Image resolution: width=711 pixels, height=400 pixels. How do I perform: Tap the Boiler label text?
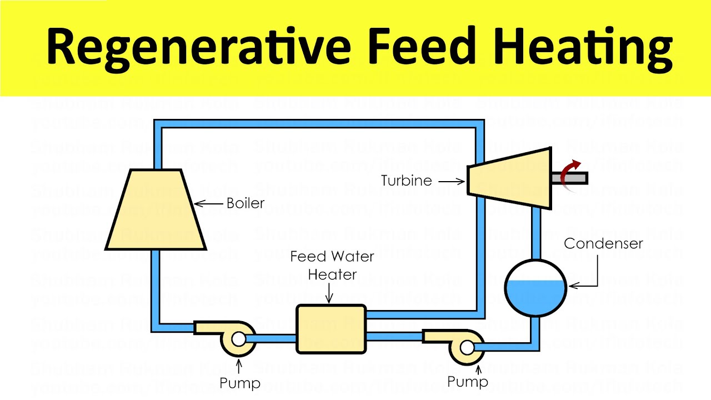click(246, 203)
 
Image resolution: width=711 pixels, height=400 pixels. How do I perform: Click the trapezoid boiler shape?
click(156, 211)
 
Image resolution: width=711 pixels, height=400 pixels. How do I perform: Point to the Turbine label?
click(407, 181)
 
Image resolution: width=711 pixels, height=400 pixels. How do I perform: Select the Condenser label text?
click(603, 243)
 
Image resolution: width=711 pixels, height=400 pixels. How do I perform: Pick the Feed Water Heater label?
click(332, 266)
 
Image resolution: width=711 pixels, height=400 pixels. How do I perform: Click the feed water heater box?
click(331, 329)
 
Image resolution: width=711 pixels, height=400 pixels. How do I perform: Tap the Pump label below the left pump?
click(240, 383)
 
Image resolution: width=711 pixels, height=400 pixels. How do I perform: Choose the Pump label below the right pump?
click(468, 382)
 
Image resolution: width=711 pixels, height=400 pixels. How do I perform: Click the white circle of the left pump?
click(238, 339)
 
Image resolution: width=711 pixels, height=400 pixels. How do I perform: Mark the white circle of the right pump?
click(467, 347)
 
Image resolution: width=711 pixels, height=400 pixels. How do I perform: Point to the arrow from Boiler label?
click(208, 204)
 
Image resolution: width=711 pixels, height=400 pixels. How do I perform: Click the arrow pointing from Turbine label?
click(451, 181)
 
